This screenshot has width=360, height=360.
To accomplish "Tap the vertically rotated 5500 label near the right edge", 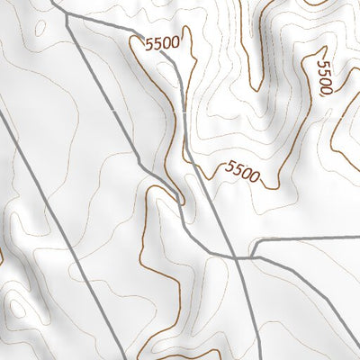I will click(x=326, y=78).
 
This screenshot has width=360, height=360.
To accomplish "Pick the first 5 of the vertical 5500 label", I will click(x=323, y=64).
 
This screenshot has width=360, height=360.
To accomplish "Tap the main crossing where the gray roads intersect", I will click(x=236, y=256).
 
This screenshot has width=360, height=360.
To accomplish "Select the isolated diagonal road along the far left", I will click(x=36, y=180).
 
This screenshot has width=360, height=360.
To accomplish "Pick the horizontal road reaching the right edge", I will click(x=315, y=240).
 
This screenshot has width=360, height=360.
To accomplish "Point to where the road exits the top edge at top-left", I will click(x=54, y=2).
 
